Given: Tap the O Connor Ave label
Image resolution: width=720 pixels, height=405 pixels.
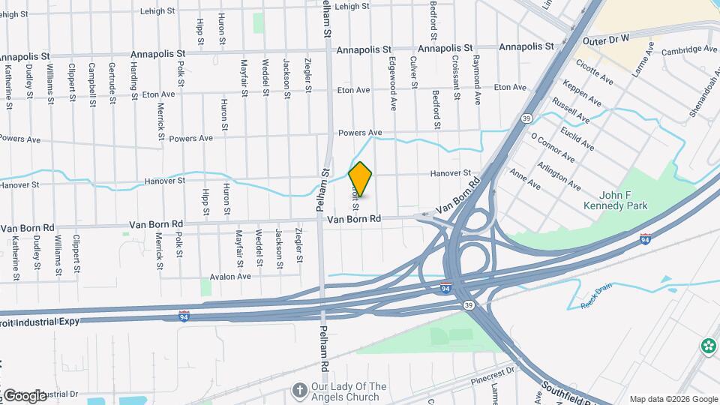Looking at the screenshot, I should point(553,148).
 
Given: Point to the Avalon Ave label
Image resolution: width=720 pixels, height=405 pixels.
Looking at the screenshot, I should point(229,276).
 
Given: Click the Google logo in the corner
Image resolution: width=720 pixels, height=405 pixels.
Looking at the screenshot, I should point(24,395).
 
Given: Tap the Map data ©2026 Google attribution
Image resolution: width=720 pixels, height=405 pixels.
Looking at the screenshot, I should point(673,399).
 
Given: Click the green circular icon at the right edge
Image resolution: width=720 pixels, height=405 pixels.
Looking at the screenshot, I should point(709,346).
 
